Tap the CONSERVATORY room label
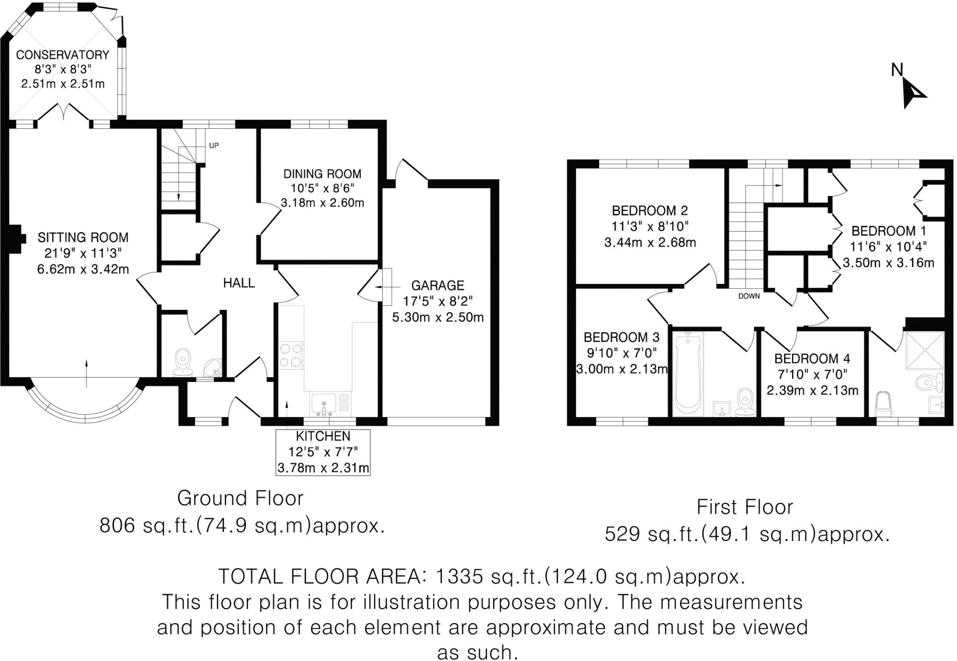[63, 55]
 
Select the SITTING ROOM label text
[83, 238]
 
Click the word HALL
[239, 283]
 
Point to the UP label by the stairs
[214, 146]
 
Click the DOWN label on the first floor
[749, 296]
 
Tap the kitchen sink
[324, 404]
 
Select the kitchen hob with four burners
[291, 355]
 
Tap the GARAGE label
[437, 285]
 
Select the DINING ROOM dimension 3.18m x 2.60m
[322, 203]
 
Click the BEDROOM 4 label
[812, 359]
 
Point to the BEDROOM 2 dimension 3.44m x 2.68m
[650, 243]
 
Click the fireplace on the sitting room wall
[15, 239]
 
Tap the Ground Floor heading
[240, 499]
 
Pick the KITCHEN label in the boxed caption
[323, 436]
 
